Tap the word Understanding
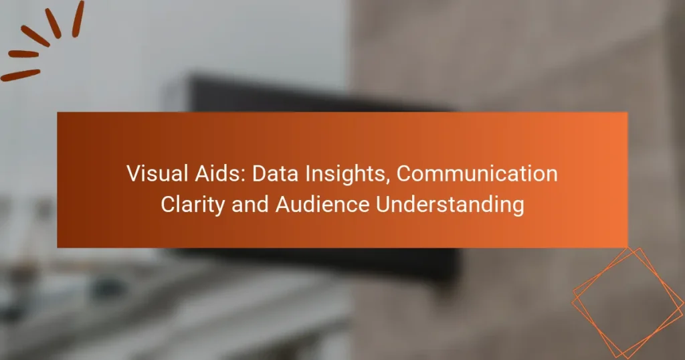(x=450, y=205)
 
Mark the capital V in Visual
(x=133, y=175)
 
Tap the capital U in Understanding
(x=382, y=204)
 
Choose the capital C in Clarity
(x=168, y=204)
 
